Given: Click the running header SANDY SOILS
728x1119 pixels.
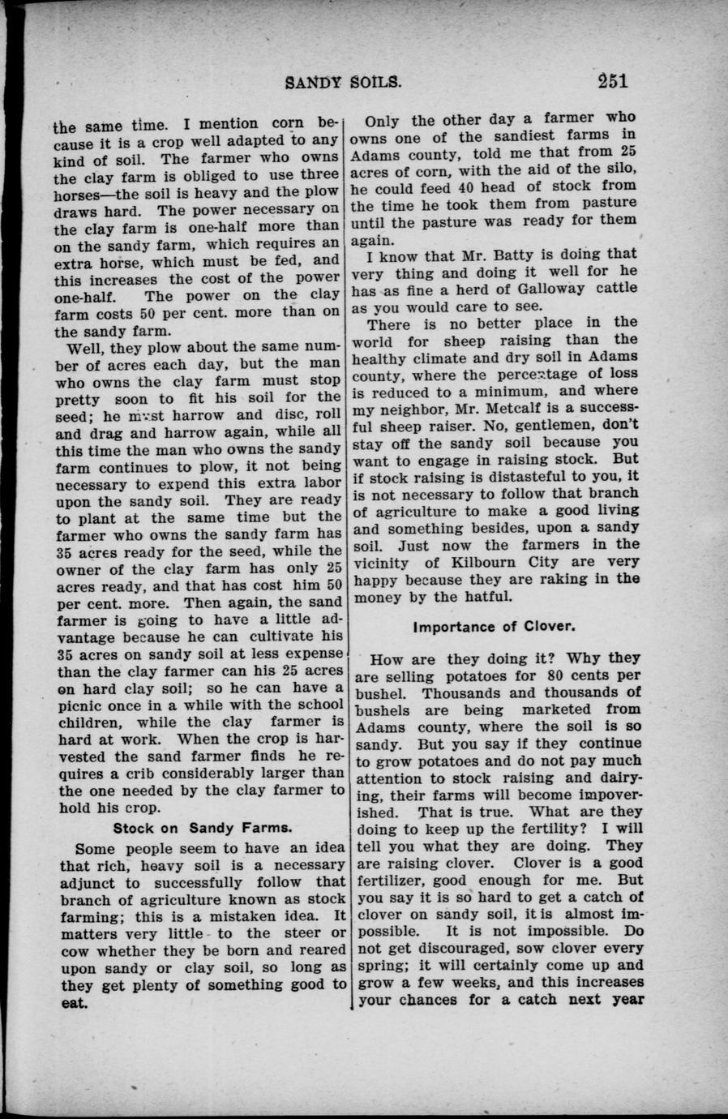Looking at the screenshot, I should click(344, 81).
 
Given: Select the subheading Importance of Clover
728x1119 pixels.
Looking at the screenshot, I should click(495, 627).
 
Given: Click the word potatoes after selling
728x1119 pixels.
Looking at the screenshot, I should click(483, 675).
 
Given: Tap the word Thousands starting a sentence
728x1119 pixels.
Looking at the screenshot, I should click(461, 692).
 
